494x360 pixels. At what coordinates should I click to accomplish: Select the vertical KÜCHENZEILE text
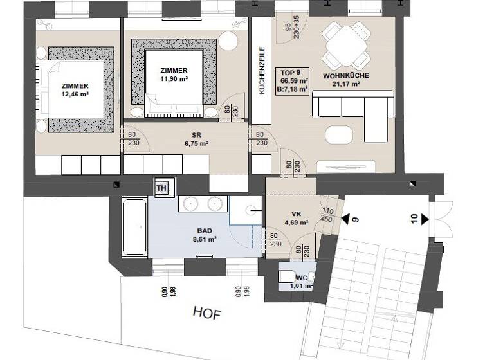(x=262, y=71)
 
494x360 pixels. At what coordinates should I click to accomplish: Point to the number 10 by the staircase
(x=414, y=220)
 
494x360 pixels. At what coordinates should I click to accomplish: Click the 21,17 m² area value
(x=346, y=83)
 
